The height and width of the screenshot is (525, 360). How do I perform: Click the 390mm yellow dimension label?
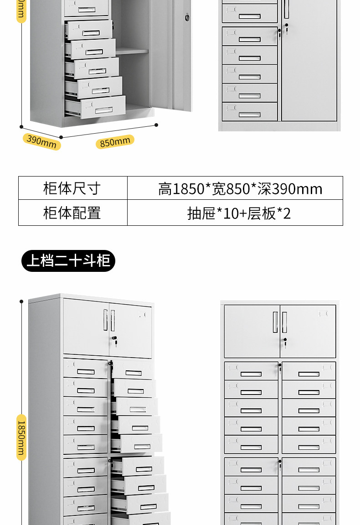click(41, 141)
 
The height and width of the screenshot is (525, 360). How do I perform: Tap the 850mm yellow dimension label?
click(115, 142)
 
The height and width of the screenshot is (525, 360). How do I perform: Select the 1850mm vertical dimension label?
click(21, 437)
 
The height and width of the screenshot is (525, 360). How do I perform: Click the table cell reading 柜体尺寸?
click(72, 188)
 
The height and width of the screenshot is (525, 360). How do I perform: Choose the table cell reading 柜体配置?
click(72, 213)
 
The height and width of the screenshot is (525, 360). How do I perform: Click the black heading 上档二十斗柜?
click(68, 261)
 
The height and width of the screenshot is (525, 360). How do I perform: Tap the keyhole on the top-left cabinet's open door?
click(186, 18)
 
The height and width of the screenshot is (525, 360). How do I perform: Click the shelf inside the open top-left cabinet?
click(132, 52)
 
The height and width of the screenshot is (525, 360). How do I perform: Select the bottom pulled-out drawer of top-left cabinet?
click(96, 107)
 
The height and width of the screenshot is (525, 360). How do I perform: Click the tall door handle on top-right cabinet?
click(287, 9)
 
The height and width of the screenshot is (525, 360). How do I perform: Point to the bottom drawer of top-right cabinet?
click(249, 112)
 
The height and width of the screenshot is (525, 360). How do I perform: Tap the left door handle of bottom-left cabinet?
click(106, 320)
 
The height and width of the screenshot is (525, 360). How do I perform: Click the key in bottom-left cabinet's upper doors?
click(115, 340)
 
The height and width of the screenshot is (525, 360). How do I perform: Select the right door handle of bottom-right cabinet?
click(284, 322)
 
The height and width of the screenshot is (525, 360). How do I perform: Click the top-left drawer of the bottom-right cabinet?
click(251, 371)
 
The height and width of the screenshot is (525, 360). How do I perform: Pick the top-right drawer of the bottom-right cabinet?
click(309, 371)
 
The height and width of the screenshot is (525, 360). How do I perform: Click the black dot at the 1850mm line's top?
click(21, 301)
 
